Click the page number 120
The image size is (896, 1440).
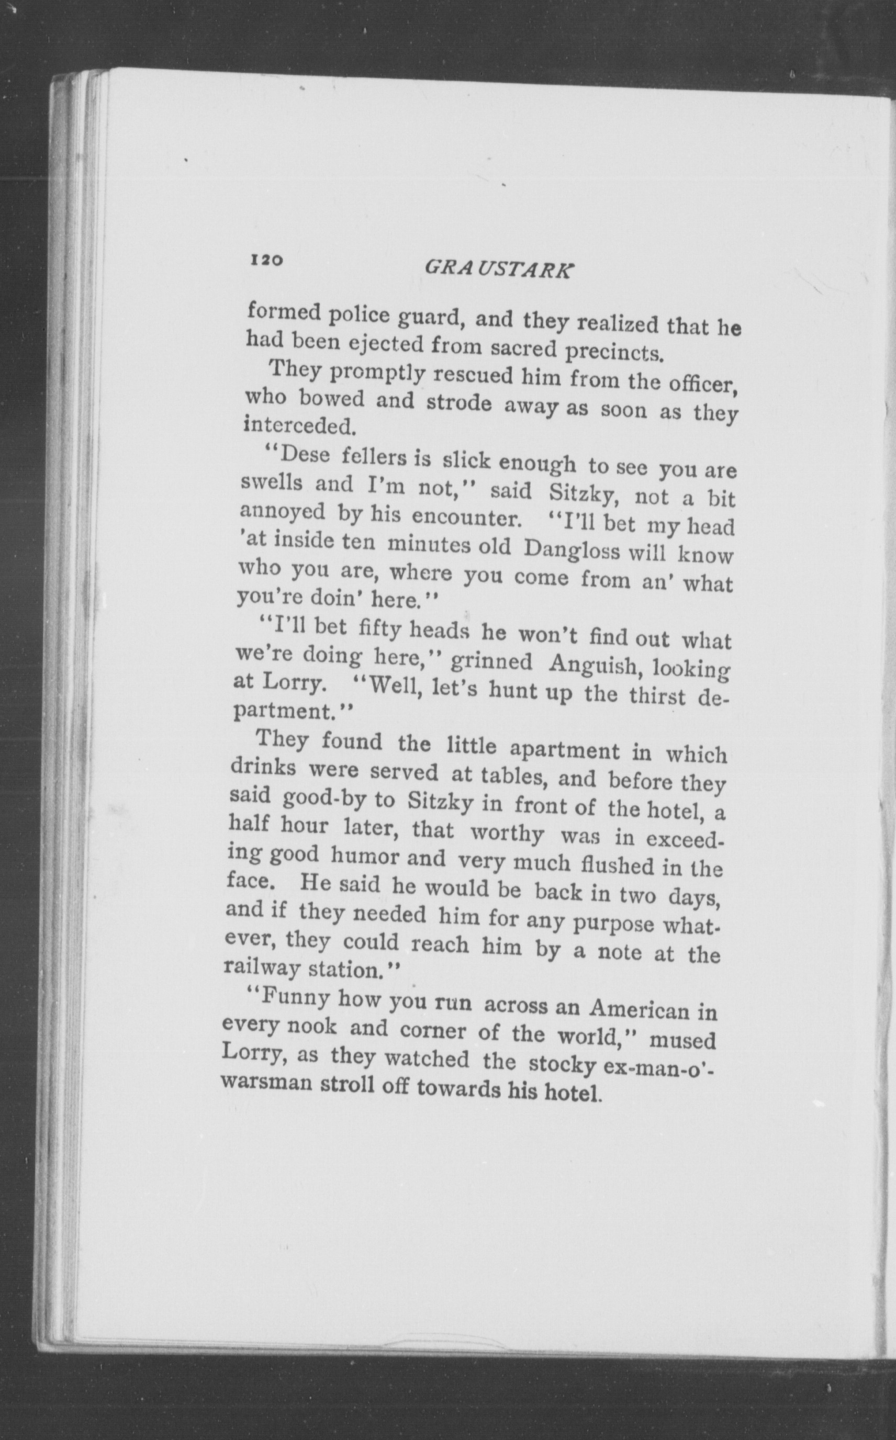[268, 260]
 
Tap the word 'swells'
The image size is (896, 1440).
[272, 483]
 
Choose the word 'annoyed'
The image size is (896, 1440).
[282, 511]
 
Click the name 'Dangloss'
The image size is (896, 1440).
[572, 550]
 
